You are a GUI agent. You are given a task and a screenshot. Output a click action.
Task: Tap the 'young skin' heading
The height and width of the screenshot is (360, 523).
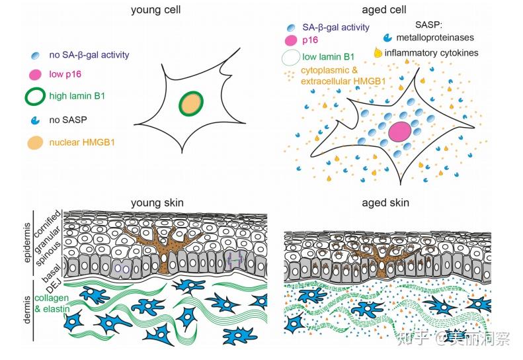(157, 202)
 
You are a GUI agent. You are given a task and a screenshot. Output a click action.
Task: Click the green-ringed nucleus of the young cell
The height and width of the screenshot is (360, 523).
(191, 104)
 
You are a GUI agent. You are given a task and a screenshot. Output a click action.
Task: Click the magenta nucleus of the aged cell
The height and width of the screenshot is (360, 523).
(400, 131)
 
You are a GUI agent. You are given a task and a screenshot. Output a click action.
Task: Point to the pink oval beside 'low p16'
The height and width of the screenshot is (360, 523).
(36, 74)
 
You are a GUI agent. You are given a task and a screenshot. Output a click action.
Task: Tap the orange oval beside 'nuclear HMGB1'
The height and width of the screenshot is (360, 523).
(36, 142)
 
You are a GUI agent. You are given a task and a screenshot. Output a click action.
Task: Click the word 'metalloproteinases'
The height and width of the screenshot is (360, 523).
(438, 38)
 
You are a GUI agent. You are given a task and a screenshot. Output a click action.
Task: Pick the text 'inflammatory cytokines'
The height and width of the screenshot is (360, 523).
(441, 53)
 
